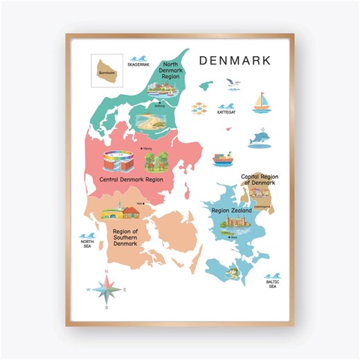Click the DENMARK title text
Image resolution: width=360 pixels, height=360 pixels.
click(235, 60)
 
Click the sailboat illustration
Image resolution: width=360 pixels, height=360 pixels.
click(262, 102)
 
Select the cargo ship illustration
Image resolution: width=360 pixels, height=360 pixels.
click(222, 159)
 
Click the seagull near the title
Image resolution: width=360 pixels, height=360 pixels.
click(233, 84)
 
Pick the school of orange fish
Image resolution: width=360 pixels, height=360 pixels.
click(199, 108)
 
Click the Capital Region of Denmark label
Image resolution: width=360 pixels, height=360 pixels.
click(260, 179)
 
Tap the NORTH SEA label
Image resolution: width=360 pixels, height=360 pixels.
click(87, 243)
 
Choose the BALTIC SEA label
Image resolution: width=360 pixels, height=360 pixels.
click(272, 283)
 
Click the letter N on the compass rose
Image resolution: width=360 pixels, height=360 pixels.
click(107, 271)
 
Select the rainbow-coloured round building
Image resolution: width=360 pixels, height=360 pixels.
click(118, 161)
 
